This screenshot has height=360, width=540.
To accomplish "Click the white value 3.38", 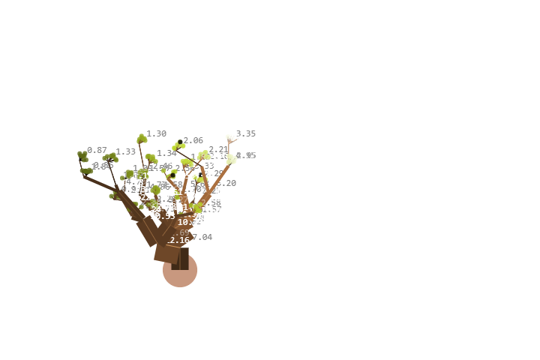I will [x=245, y=141].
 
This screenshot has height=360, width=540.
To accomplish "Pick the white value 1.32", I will [x=157, y=141].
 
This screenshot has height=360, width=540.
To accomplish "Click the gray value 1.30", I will [x=157, y=133].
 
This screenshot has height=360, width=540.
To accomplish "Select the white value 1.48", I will [x=126, y=159].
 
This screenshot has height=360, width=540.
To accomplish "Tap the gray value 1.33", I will [x=126, y=151].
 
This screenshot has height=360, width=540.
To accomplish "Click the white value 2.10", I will [x=193, y=148].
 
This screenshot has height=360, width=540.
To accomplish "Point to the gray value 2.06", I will [x=193, y=140].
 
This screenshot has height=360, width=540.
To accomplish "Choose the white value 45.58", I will [x=199, y=244].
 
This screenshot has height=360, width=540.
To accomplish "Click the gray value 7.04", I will [x=202, y=237].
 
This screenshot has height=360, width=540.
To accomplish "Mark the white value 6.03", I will [x=226, y=190].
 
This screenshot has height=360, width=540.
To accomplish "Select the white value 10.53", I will [x=163, y=216].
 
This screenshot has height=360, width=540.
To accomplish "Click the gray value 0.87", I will [x=97, y=150].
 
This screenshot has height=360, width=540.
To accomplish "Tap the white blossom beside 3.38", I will [x=231, y=137].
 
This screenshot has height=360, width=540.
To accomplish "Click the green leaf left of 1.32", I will [x=142, y=139].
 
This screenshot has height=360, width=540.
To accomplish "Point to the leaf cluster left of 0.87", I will [x=82, y=156].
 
